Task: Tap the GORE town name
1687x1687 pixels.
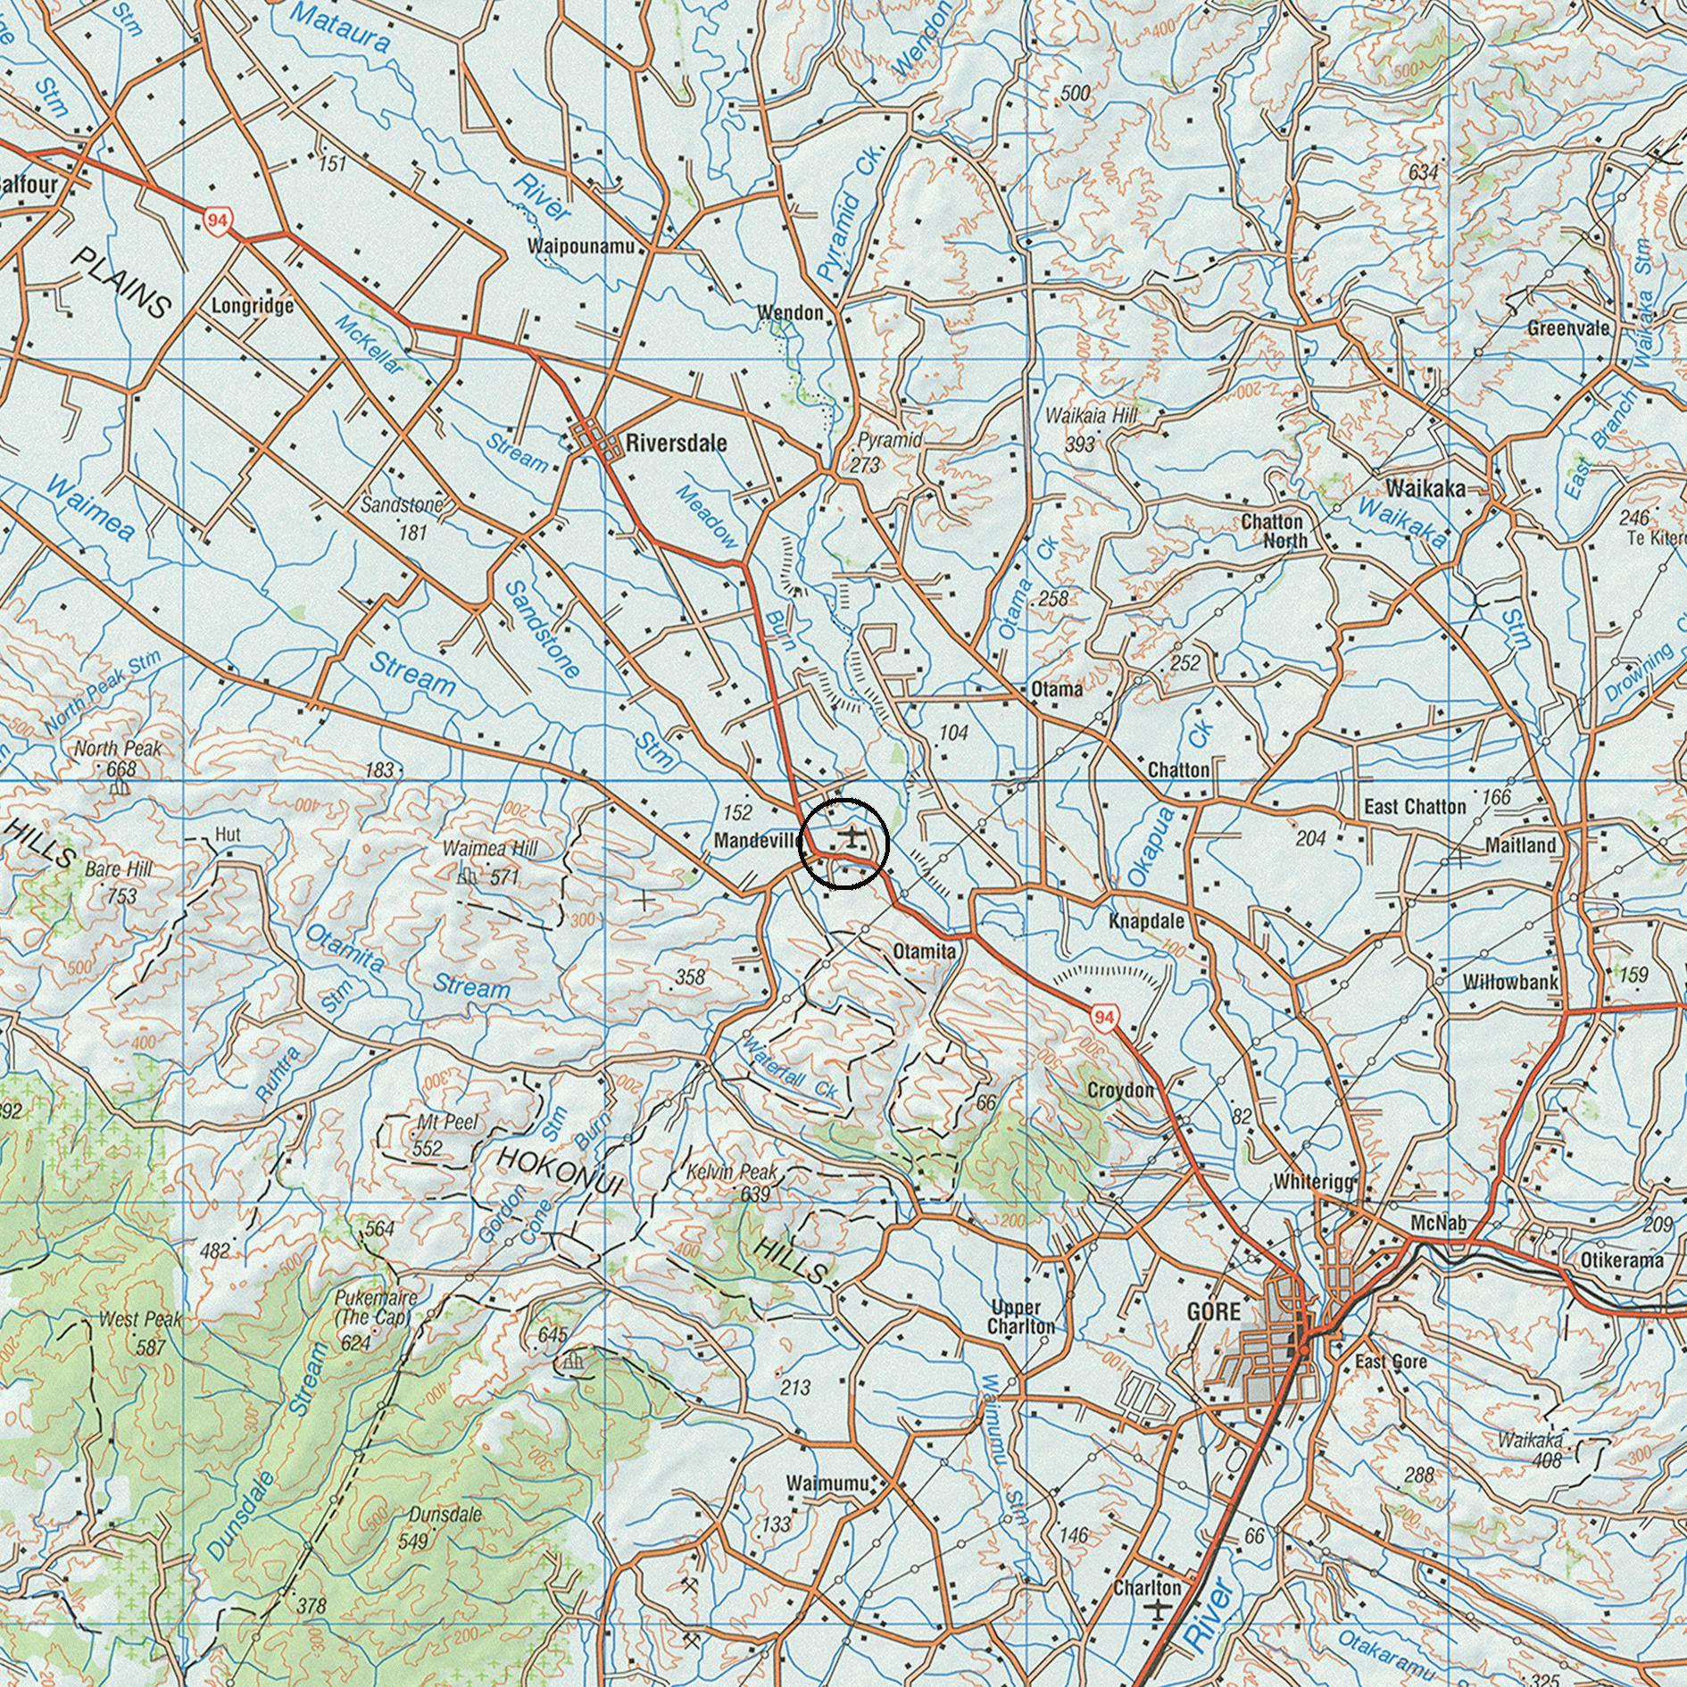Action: coord(1213,1311)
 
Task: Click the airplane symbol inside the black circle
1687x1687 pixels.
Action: coord(853,837)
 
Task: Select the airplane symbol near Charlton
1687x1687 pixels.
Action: coord(1159,1610)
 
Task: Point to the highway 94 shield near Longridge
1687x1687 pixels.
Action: coord(215,220)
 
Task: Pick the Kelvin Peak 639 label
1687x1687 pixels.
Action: coord(731,1181)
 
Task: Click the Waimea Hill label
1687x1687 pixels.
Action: coord(491,848)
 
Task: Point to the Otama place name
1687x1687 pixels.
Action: coord(1056,689)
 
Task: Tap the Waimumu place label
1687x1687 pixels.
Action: coord(827,1483)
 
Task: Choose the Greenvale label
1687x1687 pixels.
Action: coord(1567,328)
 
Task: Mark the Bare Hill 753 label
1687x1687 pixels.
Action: coord(119,880)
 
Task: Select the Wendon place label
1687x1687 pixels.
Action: coord(790,312)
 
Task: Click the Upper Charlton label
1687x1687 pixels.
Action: coord(1020,1317)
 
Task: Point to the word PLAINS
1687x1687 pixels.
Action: coord(120,283)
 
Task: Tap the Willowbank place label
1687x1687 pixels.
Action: coord(1510,983)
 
